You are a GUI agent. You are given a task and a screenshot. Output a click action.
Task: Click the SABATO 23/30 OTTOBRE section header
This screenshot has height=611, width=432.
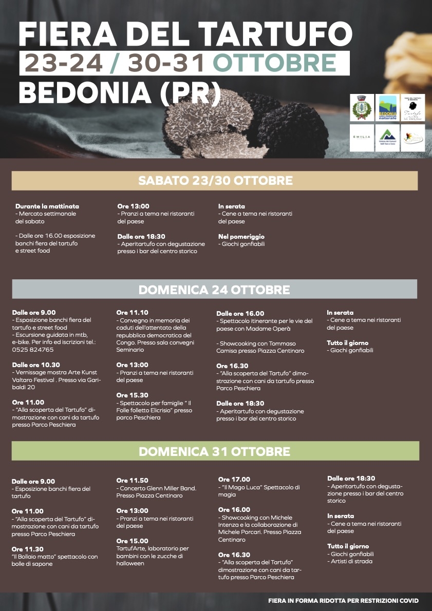coord(215,181)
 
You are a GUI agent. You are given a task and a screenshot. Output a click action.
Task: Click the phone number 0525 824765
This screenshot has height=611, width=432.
coord(33,350)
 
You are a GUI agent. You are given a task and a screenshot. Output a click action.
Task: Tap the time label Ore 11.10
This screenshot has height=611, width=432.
coord(132,312)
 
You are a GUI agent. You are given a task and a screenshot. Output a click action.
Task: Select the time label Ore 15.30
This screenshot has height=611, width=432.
coord(132,395)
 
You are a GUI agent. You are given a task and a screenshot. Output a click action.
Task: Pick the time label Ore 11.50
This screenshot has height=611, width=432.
coord(132,480)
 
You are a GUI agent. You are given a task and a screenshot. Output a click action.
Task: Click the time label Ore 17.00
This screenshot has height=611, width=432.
coord(234,480)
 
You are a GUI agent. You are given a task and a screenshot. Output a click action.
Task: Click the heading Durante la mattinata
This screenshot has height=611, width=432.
coord(47,206)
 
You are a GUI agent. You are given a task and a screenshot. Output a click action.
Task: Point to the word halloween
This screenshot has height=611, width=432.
coord(130,563)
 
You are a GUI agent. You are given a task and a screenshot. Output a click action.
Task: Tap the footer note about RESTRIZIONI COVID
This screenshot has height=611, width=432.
coord(343,600)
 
